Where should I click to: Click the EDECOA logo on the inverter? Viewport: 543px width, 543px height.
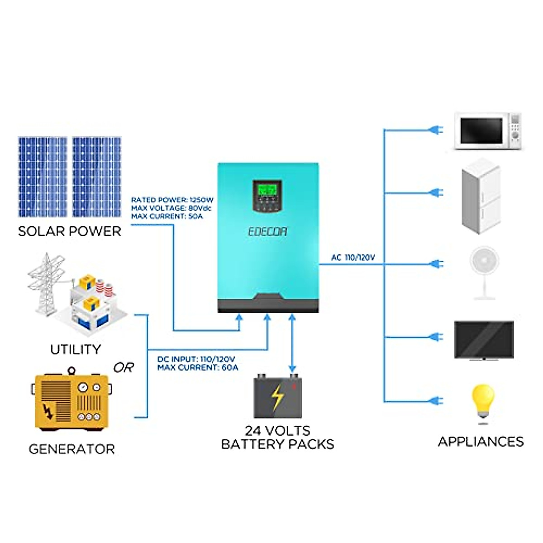tap(267, 232)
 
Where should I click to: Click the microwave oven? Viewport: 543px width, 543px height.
tap(487, 131)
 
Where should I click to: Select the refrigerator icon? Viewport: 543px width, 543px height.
tap(481, 196)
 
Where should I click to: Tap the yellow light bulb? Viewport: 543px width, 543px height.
tap(483, 403)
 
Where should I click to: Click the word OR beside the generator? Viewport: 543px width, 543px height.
tap(123, 367)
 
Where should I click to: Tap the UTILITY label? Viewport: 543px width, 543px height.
tap(75, 349)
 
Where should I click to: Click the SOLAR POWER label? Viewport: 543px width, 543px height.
tap(69, 231)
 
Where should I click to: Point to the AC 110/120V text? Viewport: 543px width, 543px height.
tap(353, 257)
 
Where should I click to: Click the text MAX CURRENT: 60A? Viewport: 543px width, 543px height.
tap(198, 367)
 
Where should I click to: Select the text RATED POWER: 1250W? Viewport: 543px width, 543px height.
tap(172, 200)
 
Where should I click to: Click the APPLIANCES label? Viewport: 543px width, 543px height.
tap(481, 442)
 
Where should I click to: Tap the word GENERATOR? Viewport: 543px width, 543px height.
tap(71, 449)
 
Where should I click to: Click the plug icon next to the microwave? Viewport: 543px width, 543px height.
tap(435, 130)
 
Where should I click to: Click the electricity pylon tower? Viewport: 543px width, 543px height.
tap(45, 283)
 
